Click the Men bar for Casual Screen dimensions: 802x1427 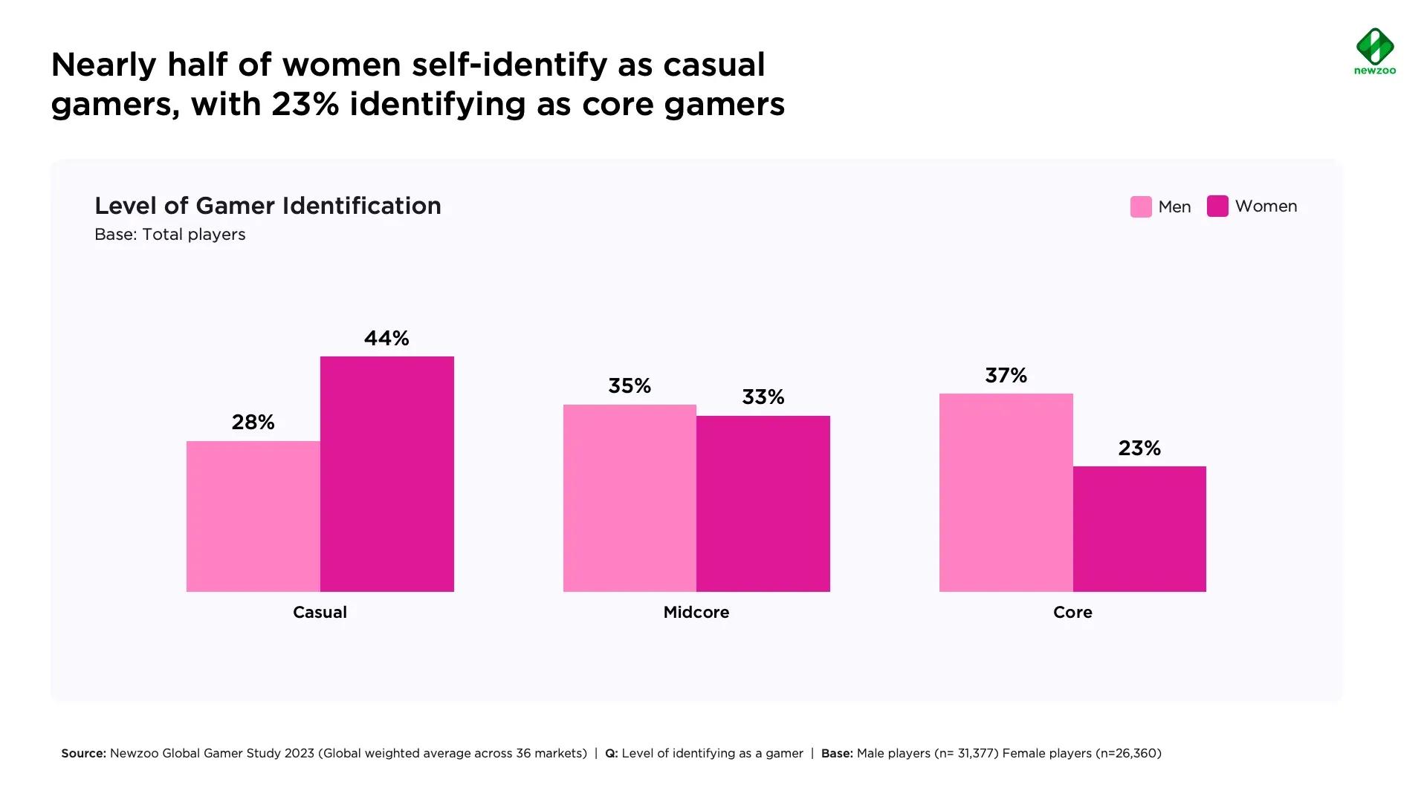pos(253,516)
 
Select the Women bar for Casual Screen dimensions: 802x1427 pos(386,474)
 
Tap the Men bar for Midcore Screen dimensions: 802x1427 pos(630,498)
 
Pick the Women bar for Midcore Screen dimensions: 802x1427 pos(763,503)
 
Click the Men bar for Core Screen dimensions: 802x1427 pos(1006,492)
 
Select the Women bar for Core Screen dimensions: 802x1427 pos(1139,529)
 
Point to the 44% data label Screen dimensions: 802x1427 pos(386,339)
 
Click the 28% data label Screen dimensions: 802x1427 pos(253,423)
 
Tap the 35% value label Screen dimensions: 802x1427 pos(630,386)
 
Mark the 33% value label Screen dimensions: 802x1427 pos(763,397)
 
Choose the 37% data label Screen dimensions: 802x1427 pos(1006,376)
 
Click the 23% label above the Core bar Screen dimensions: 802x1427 pos(1139,449)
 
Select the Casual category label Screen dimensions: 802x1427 pos(320,613)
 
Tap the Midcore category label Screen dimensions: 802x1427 pos(696,613)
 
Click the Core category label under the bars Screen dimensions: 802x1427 pos(1072,613)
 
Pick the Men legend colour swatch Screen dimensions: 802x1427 pos(1141,206)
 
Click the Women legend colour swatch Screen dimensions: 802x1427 pos(1217,206)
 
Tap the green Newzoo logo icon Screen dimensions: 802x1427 pos(1375,47)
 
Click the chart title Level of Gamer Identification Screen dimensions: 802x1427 pos(268,206)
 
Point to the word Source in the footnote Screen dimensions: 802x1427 pos(83,754)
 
